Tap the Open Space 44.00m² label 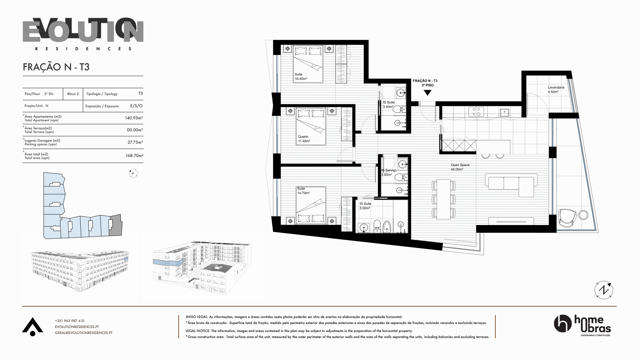tap(460, 167)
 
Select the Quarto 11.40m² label tap(304, 139)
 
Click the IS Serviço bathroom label tap(389, 172)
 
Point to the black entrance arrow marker tap(427, 93)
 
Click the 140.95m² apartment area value tap(134, 118)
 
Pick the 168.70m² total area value tap(134, 155)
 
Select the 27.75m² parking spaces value tap(135, 142)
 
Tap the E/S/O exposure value tap(136, 106)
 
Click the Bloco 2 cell tap(73, 94)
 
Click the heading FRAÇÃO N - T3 tap(56, 67)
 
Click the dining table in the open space tap(444, 199)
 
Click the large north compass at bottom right tap(604, 290)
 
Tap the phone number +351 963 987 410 tap(70, 321)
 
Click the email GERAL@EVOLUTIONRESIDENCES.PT tap(84, 333)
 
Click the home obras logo tap(582, 326)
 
